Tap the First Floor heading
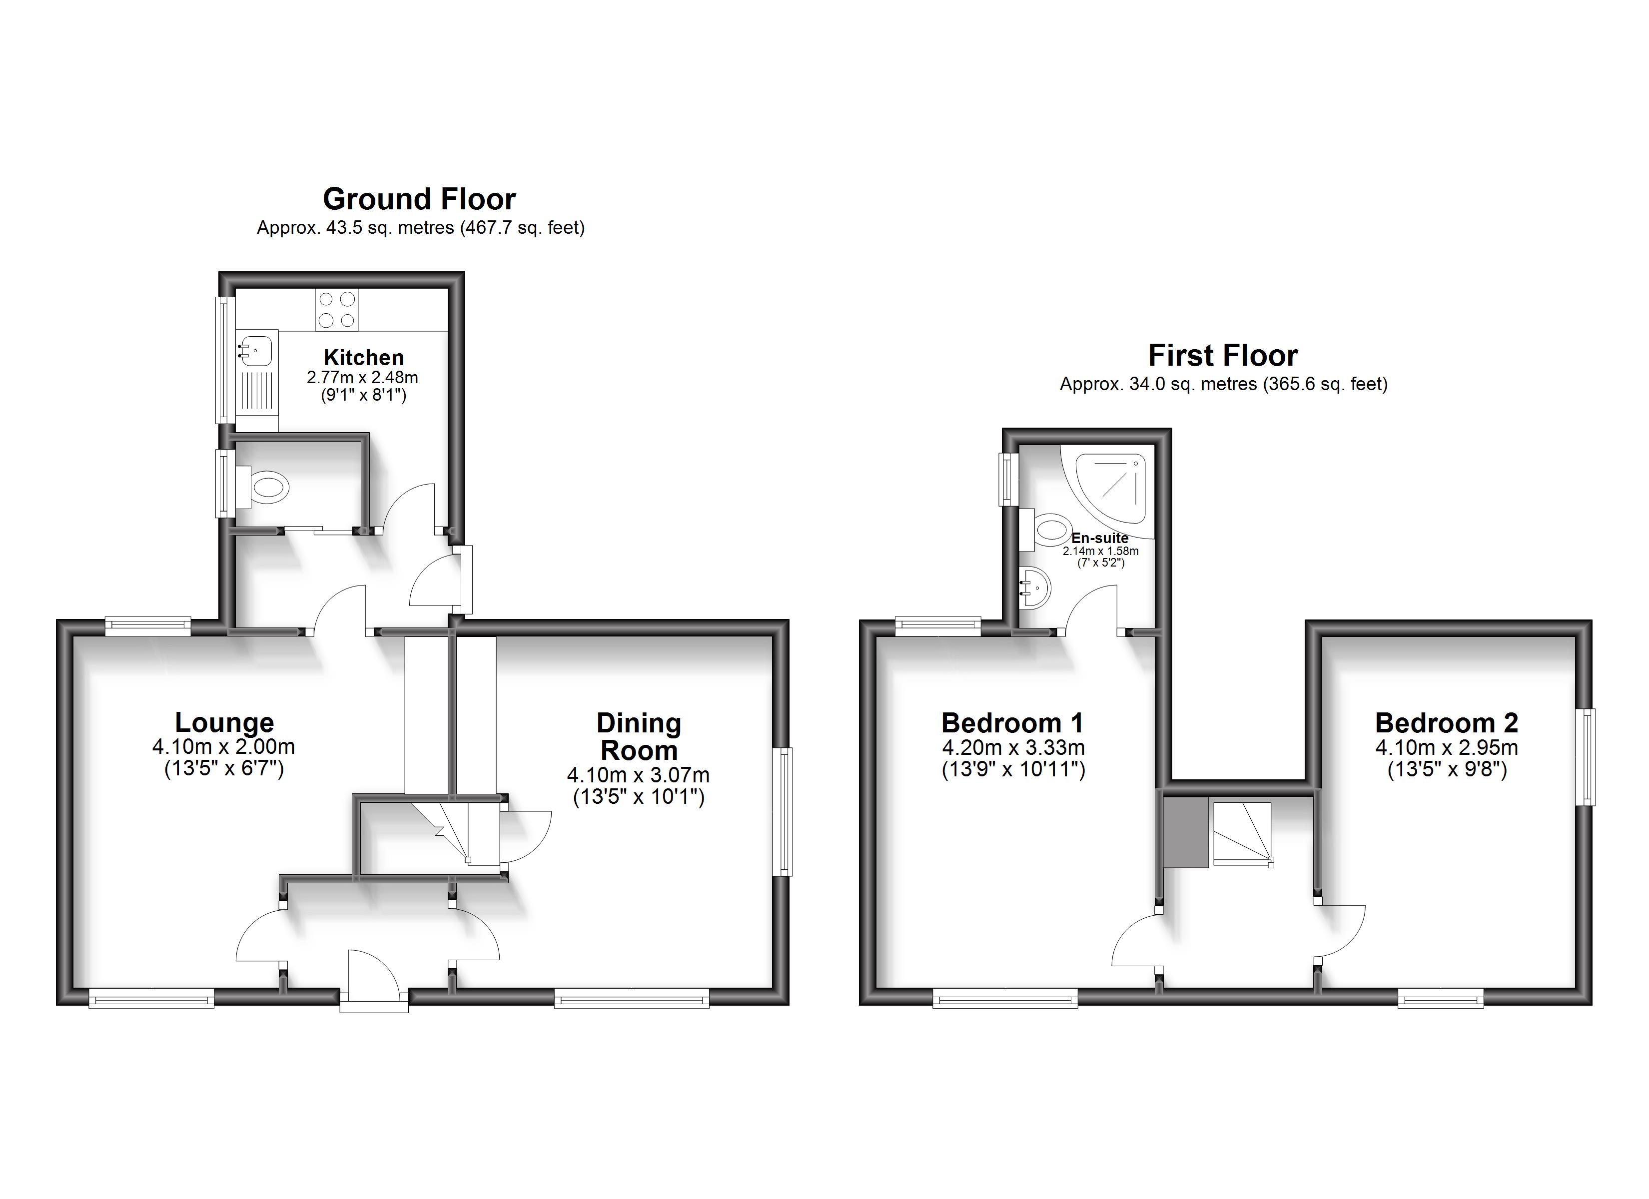(1223, 356)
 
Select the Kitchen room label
(364, 357)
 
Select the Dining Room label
(639, 736)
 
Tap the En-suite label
(1100, 538)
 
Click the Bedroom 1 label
(1012, 723)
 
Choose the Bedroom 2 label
(1446, 723)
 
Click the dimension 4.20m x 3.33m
(1013, 747)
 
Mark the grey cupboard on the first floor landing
(1186, 832)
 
